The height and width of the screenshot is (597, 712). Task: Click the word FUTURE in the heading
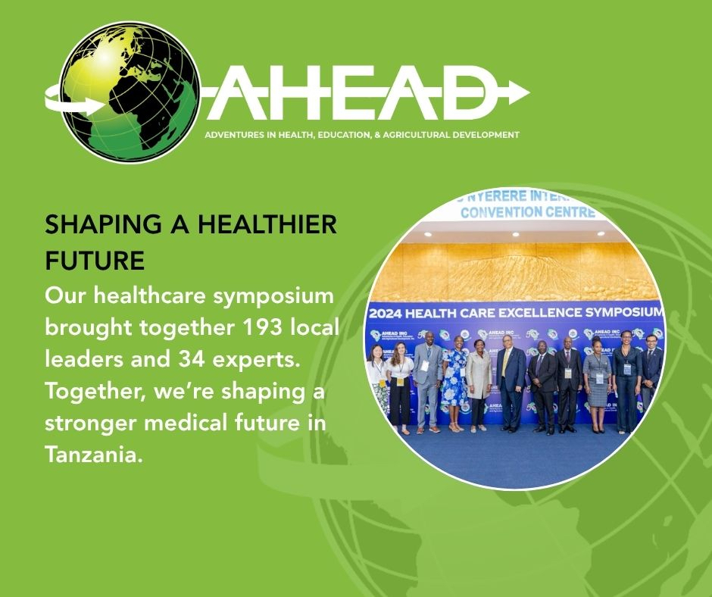pos(95,261)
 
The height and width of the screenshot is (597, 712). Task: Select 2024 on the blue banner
pos(389,312)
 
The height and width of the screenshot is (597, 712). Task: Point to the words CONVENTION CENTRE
pos(527,212)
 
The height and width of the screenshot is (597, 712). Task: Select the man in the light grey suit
pos(428,383)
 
